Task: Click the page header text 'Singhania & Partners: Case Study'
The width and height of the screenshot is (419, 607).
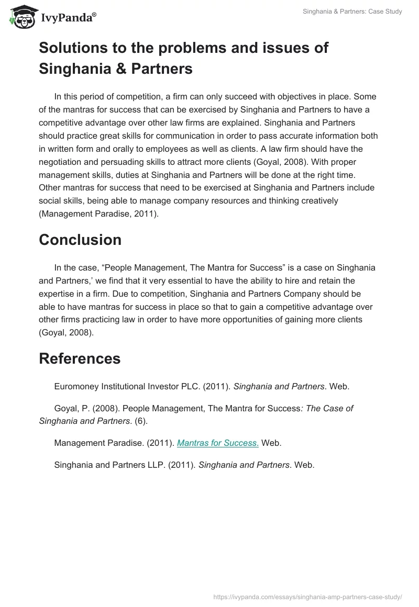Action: pyautogui.click(x=352, y=12)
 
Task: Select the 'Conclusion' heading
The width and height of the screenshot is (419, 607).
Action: pyautogui.click(x=80, y=240)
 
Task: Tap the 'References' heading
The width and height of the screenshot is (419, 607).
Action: pyautogui.click(x=80, y=358)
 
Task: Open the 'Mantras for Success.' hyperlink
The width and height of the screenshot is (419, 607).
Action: pyautogui.click(x=218, y=443)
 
